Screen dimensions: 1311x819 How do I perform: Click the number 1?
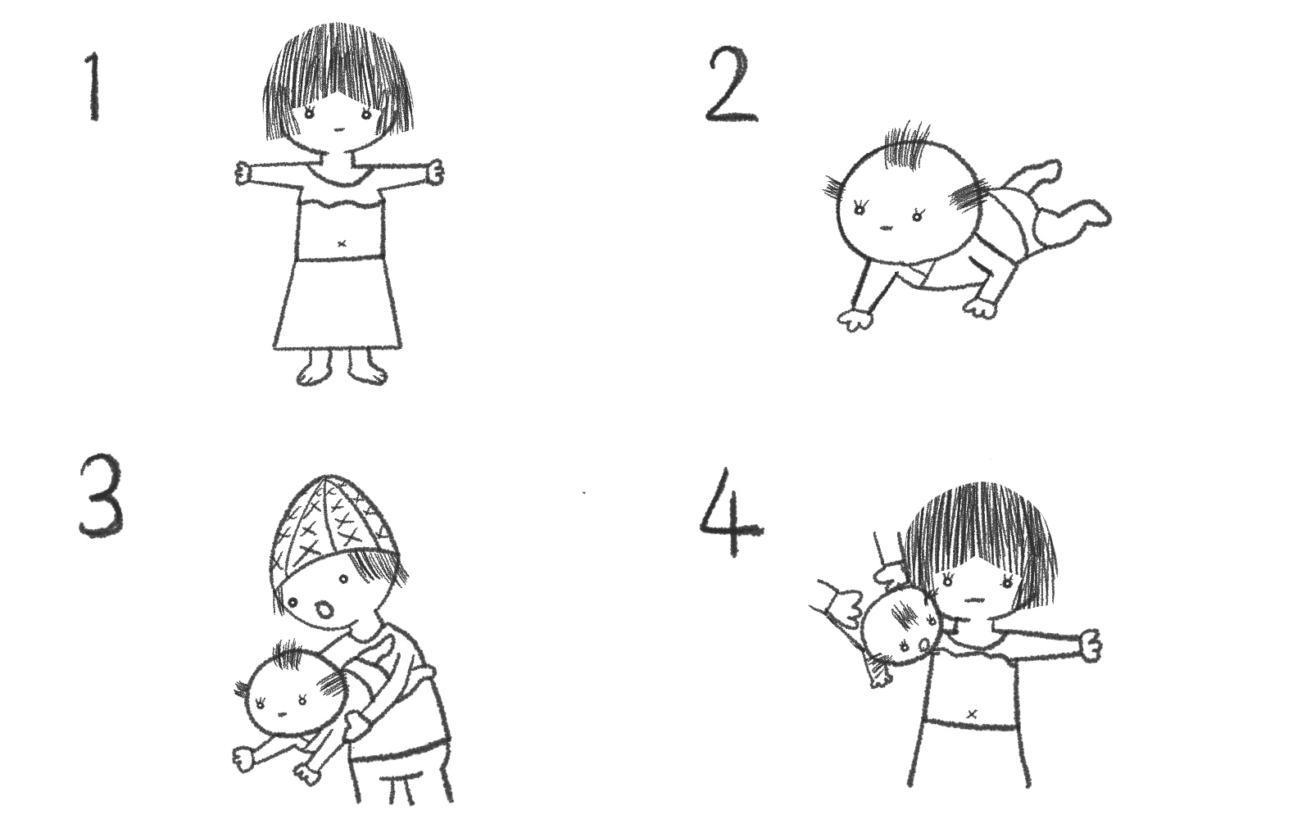tap(93, 87)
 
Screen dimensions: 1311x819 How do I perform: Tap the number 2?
tap(732, 85)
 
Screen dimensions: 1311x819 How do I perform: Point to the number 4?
tap(732, 513)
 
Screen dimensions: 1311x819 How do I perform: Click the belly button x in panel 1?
tap(342, 243)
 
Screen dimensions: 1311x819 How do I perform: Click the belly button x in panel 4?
tap(973, 713)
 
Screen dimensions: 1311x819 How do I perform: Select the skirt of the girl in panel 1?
tap(338, 303)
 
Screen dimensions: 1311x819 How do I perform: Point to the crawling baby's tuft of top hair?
tap(906, 145)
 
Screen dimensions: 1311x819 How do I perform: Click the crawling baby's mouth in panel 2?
tap(886, 228)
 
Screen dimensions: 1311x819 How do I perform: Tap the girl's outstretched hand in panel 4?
tap(1091, 645)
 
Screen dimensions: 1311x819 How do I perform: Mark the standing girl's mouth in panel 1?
tap(338, 129)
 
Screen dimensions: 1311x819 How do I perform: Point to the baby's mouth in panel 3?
tap(282, 714)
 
